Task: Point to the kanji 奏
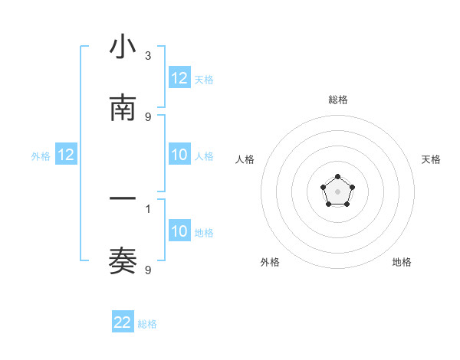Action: [x=123, y=262]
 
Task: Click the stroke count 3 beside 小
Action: [x=148, y=56]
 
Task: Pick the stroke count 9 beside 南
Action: [x=148, y=117]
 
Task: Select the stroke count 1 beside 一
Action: [x=148, y=208]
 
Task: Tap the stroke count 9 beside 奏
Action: [x=148, y=270]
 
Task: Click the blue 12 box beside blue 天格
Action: [x=179, y=78]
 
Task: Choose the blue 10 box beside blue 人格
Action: [x=179, y=155]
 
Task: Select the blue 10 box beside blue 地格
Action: [x=179, y=232]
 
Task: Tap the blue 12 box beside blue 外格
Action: [x=66, y=155]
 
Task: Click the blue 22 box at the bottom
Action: [x=123, y=322]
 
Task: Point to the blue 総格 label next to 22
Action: [x=147, y=324]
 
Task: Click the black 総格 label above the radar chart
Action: [x=337, y=100]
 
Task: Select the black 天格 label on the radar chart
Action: [x=431, y=159]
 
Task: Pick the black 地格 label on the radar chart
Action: [x=402, y=262]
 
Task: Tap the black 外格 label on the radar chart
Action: [x=270, y=262]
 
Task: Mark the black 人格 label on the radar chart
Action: [x=245, y=159]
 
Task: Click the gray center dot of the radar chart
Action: [x=337, y=190]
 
